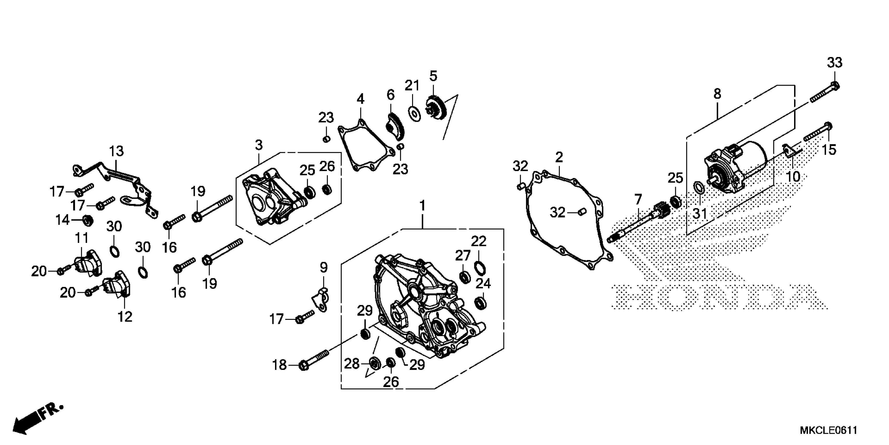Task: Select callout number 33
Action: click(x=834, y=63)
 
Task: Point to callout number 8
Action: click(x=717, y=94)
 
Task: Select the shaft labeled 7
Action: click(x=639, y=221)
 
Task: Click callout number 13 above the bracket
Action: click(x=116, y=151)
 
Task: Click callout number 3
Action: click(x=259, y=145)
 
